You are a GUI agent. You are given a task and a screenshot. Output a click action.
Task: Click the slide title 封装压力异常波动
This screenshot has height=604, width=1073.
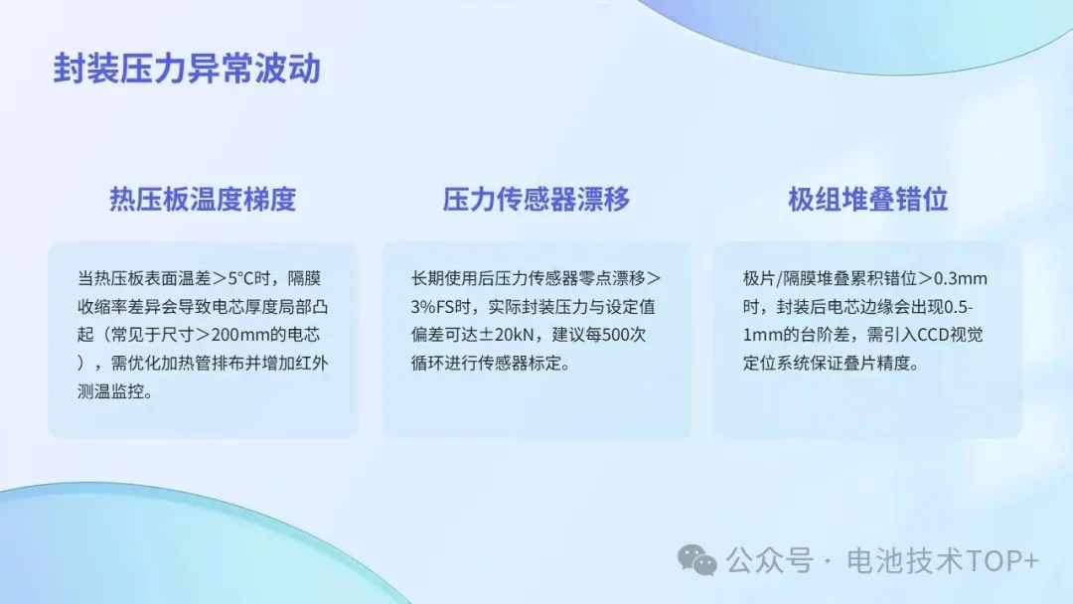pos(187,69)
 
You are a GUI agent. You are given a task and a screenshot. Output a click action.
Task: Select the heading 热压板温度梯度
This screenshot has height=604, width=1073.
pos(203,199)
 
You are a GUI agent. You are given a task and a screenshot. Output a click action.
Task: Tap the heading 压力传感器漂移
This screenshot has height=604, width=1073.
pos(536,199)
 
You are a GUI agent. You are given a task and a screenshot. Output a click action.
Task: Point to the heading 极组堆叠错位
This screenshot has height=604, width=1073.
pos(867,199)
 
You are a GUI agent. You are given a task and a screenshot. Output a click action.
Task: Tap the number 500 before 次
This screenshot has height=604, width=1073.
pos(615,335)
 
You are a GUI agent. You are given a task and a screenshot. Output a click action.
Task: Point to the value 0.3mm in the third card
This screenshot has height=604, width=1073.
pos(961,278)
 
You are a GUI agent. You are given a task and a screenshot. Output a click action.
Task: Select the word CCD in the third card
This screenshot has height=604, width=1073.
pos(933,335)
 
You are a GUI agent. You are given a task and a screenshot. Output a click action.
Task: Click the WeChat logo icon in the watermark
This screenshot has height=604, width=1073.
pos(696,560)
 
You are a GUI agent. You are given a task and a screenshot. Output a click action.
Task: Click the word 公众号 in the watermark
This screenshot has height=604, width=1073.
pos(770,560)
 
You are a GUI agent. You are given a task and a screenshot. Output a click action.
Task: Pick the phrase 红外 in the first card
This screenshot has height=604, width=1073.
pos(311,363)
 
